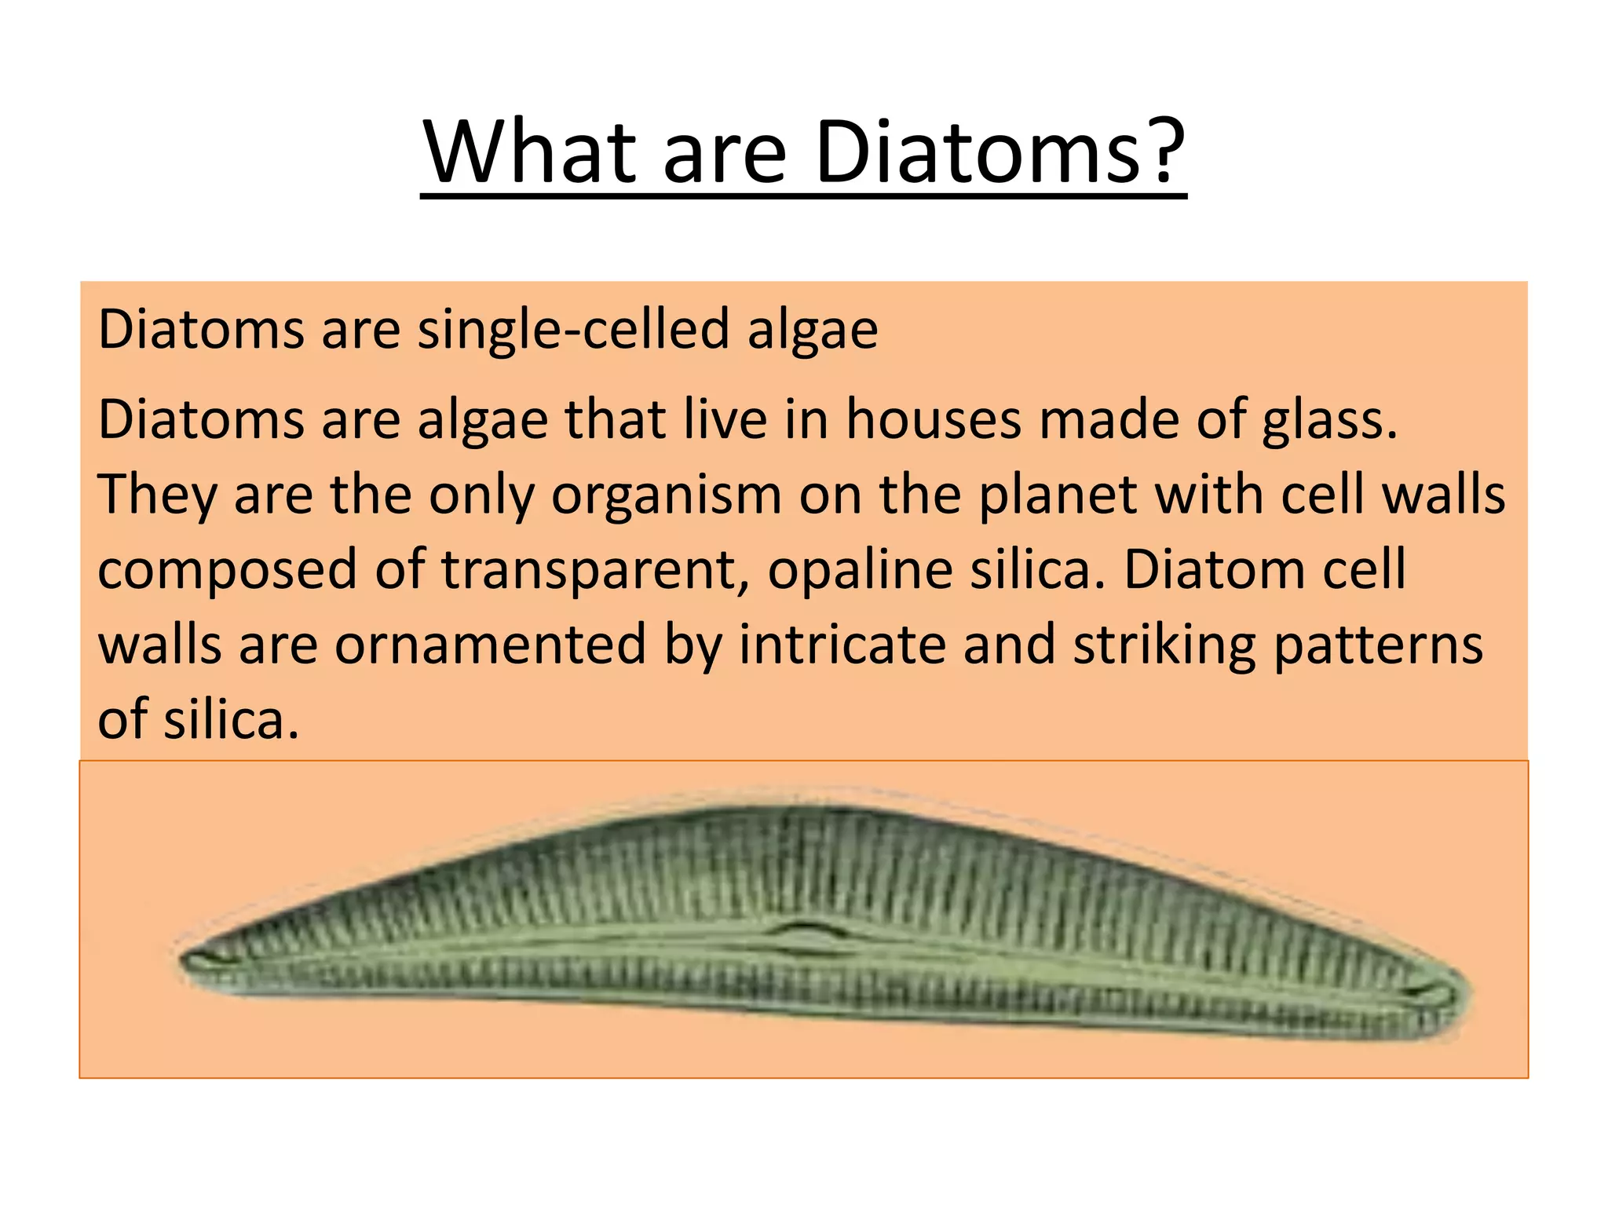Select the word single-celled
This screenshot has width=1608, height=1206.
[574, 331]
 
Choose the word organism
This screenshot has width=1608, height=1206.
[667, 496]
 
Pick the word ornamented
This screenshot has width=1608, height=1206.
[490, 645]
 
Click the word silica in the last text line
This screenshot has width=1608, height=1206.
[231, 720]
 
